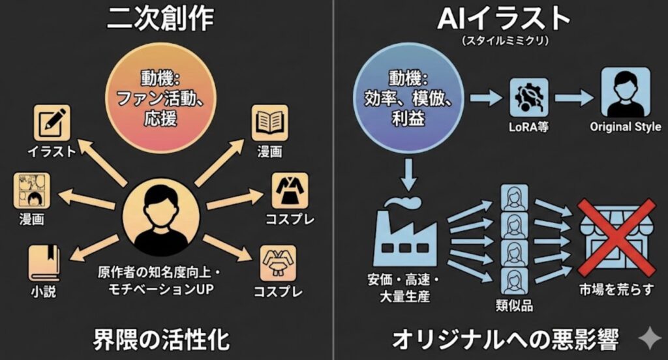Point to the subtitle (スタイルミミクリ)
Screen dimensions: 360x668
click(503, 41)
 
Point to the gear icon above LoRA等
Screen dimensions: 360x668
click(529, 98)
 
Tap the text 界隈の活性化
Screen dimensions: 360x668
click(159, 340)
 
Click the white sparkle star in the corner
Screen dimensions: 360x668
click(649, 340)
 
